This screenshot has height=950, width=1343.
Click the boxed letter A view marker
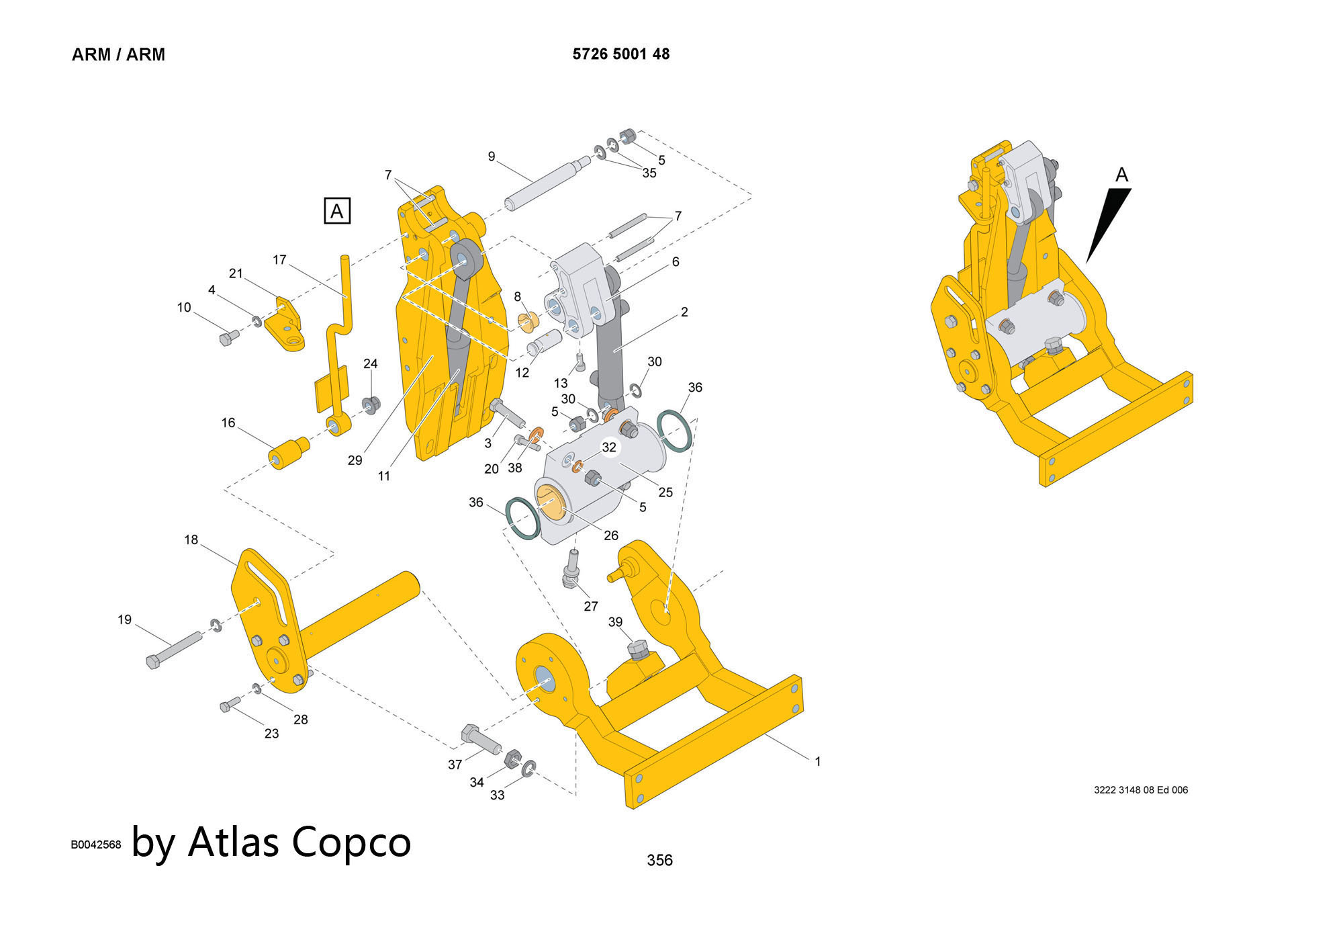pyautogui.click(x=337, y=211)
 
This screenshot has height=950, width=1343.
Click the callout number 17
pyautogui.click(x=279, y=259)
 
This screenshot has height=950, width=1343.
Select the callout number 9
pyautogui.click(x=492, y=157)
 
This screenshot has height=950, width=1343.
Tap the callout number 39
pyautogui.click(x=615, y=622)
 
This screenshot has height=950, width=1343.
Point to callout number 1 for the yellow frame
pyautogui.click(x=817, y=762)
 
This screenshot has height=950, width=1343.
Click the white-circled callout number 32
pyautogui.click(x=609, y=447)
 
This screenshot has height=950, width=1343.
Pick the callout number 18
pyautogui.click(x=191, y=539)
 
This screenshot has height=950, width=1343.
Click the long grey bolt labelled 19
pyautogui.click(x=173, y=648)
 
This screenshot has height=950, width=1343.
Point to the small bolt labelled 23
pyautogui.click(x=230, y=704)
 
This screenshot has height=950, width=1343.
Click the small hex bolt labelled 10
pyautogui.click(x=228, y=337)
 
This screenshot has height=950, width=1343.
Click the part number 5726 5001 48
pyautogui.click(x=620, y=54)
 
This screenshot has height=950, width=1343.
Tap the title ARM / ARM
pyautogui.click(x=118, y=55)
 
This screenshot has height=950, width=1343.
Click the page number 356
pyautogui.click(x=659, y=860)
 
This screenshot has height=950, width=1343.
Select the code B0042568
pyautogui.click(x=96, y=845)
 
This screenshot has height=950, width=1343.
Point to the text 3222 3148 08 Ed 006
pyautogui.click(x=1140, y=790)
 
